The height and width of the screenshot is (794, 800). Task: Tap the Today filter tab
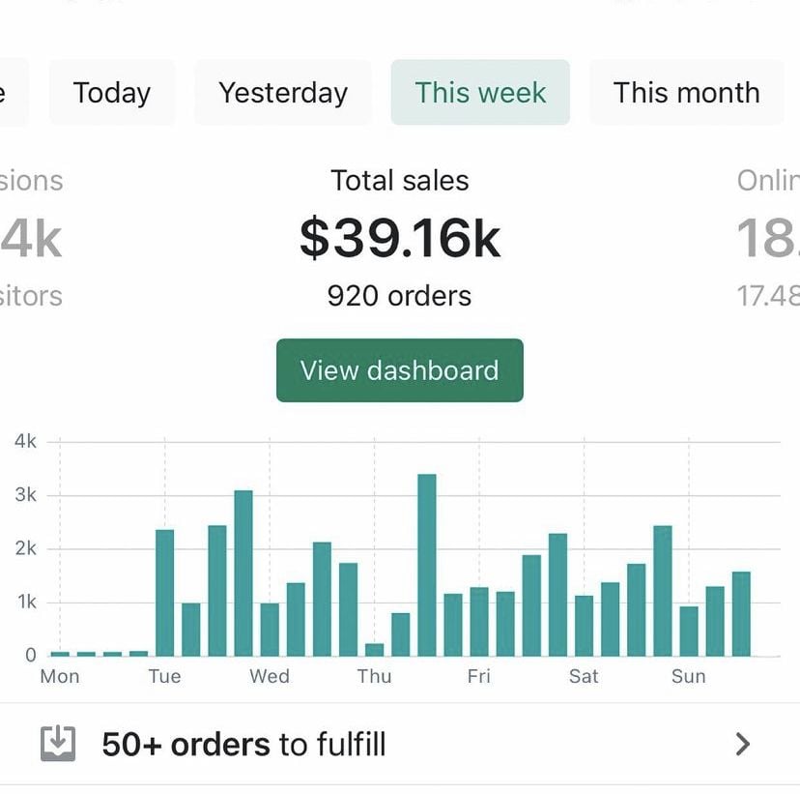pos(112,93)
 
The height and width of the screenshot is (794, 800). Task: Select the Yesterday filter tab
pos(283,93)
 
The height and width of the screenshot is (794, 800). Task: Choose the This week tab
pos(480,93)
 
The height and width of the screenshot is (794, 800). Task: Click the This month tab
pos(686,93)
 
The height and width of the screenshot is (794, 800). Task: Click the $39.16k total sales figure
pos(400,238)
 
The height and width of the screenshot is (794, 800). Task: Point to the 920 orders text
pos(400,295)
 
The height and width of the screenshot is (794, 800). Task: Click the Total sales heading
pos(400,181)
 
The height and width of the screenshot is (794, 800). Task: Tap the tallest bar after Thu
pos(426,565)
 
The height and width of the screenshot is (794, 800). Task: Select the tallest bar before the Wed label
pos(243,573)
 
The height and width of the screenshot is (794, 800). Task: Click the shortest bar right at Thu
pos(374,649)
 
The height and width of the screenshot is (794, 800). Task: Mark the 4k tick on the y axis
pos(26,441)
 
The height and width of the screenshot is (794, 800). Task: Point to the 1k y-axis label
pos(26,602)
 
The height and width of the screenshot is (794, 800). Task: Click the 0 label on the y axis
pos(31,655)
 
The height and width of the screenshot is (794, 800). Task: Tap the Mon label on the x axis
pos(60,676)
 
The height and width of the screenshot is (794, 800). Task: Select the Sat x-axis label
pos(584,676)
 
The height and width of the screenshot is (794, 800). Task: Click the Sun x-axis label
pos(689,676)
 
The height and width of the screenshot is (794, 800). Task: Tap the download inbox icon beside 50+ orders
pos(58,744)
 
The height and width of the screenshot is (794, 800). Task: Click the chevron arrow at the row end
pos(742,744)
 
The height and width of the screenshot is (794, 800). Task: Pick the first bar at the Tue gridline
pos(165,593)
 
